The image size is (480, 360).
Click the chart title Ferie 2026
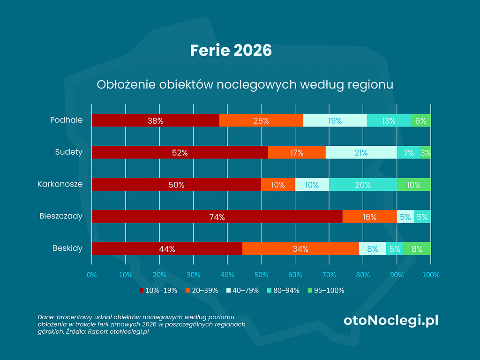231,50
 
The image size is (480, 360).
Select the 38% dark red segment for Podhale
155,120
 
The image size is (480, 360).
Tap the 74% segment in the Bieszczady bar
217,217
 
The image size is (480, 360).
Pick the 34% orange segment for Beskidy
300,249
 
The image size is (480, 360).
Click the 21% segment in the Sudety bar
361,152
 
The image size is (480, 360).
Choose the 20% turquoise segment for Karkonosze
363,185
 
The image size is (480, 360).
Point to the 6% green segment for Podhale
420,120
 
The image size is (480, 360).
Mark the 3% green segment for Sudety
426,152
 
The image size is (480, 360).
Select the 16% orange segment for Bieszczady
369,217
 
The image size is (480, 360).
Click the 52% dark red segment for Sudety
180,152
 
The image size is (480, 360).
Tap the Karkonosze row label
60,184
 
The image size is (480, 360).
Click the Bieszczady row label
61,216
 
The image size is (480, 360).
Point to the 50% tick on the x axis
261,274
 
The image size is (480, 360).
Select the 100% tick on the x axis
431,274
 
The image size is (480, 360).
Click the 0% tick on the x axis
92,274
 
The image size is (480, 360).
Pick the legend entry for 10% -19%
158,291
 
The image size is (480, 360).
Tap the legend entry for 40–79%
242,291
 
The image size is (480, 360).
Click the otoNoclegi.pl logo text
391,321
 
